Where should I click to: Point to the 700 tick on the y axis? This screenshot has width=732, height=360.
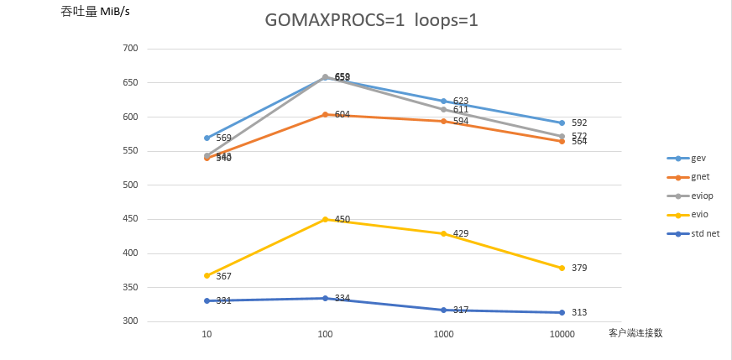(130, 49)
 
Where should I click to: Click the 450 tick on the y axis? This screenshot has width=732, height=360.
(130, 219)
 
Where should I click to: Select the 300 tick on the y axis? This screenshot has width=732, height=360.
(130, 321)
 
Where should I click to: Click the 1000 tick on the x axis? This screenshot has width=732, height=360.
(443, 334)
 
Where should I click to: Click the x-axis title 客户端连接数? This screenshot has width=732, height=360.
(635, 333)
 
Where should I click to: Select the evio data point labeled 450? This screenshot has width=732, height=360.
(325, 219)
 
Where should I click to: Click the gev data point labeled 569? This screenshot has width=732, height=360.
(207, 138)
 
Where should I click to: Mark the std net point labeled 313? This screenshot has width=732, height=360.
(562, 312)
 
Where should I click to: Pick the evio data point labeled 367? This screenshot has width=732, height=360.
(207, 275)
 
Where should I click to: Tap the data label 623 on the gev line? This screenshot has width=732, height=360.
(461, 101)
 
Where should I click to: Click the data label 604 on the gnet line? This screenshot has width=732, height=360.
(342, 114)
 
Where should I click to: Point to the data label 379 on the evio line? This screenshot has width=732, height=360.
(579, 268)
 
